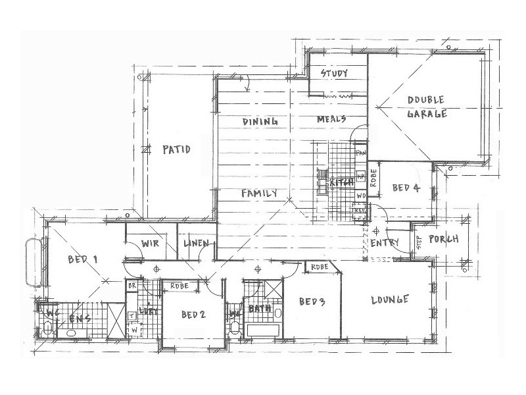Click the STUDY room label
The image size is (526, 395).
pyautogui.click(x=334, y=73)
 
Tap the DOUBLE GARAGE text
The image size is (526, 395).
pyautogui.click(x=427, y=107)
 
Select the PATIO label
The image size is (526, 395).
pyautogui.click(x=176, y=150)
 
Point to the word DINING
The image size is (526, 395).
pyautogui.click(x=260, y=122)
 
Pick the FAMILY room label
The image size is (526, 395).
pyautogui.click(x=258, y=194)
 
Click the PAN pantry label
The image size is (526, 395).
pyautogui.click(x=360, y=153)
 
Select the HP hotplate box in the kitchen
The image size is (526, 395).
pyautogui.click(x=360, y=176)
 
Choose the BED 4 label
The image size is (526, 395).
pyautogui.click(x=406, y=188)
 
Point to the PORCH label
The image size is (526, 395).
pyautogui.click(x=443, y=239)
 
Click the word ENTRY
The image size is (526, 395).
pyautogui.click(x=385, y=243)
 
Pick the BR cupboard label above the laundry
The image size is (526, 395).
pyautogui.click(x=131, y=286)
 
